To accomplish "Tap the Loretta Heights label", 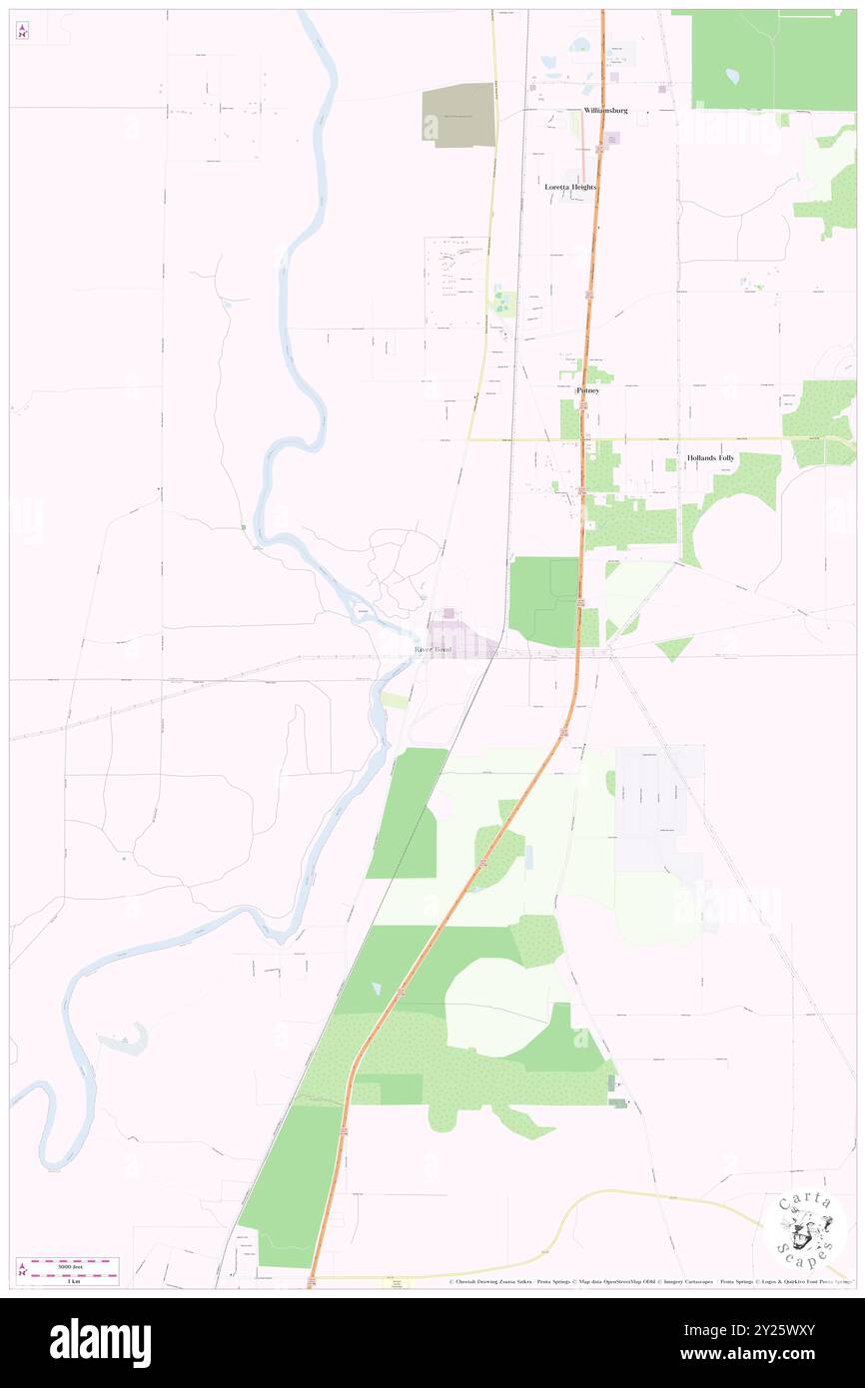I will click(x=570, y=187).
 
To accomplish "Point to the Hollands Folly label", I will click(x=710, y=458).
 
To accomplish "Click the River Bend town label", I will click(x=433, y=650).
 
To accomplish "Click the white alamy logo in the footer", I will click(x=100, y=1343).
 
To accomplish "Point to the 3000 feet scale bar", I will click(x=75, y=1263).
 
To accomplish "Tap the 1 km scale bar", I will click(x=75, y=1276).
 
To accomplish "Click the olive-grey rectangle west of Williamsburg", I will click(x=458, y=115).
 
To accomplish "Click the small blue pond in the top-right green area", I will click(x=732, y=75).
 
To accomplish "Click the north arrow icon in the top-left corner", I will click(x=22, y=31).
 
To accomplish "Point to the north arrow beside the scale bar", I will click(x=23, y=1269).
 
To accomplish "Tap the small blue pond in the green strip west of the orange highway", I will click(x=376, y=988).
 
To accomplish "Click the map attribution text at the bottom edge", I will click(x=649, y=1281).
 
